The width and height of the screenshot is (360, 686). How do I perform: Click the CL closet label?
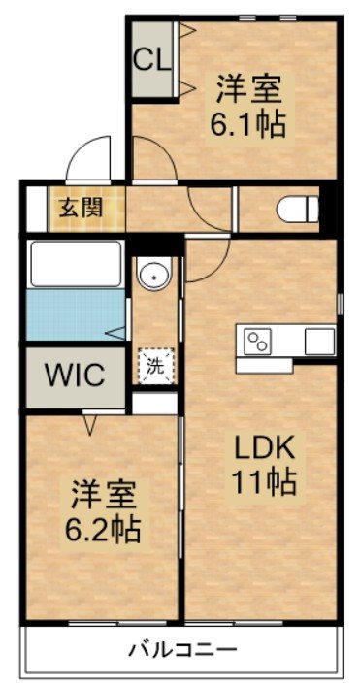click(x=151, y=60)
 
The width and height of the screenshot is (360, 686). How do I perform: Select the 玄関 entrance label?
click(x=81, y=208)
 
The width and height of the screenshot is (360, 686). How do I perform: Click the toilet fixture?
click(x=298, y=210)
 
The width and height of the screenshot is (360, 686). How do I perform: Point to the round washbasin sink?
click(x=154, y=275)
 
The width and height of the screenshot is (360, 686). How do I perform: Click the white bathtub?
click(x=76, y=263)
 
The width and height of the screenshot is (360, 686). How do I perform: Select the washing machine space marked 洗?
click(x=156, y=366)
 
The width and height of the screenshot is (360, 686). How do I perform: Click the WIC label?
click(x=76, y=376)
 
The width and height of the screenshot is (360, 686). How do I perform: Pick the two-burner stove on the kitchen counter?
click(x=258, y=342)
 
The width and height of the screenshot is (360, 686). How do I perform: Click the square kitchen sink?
click(x=320, y=342)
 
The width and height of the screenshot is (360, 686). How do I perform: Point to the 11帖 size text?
click(x=263, y=481)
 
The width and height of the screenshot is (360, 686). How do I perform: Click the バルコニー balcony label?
click(x=182, y=650)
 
